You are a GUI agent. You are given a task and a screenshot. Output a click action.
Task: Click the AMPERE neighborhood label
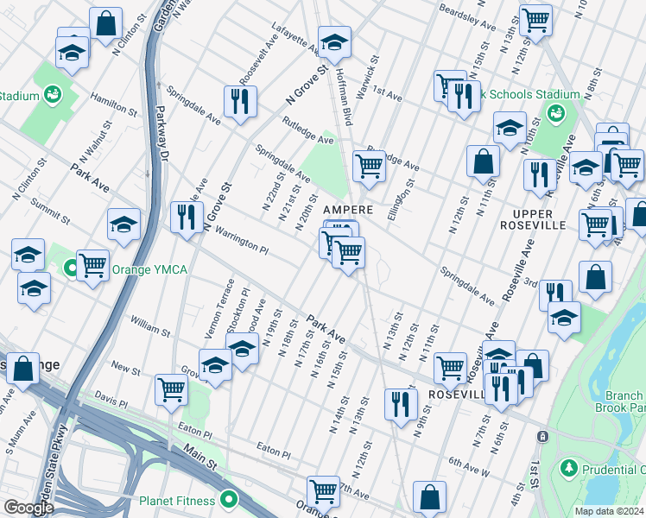348,210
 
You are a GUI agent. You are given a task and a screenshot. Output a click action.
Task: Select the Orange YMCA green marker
72,268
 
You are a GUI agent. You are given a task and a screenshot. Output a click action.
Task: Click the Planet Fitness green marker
228,500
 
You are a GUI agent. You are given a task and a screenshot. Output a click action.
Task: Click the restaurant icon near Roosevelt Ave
237,101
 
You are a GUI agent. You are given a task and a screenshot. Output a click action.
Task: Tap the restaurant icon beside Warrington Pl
186,217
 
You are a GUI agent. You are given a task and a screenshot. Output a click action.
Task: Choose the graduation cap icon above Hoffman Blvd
334,41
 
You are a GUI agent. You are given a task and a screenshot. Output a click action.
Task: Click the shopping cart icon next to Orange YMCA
92,265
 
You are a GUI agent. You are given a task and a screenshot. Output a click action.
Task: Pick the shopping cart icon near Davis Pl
171,389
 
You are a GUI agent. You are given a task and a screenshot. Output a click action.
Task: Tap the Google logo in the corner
28,508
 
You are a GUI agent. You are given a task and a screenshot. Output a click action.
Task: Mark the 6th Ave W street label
469,468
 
